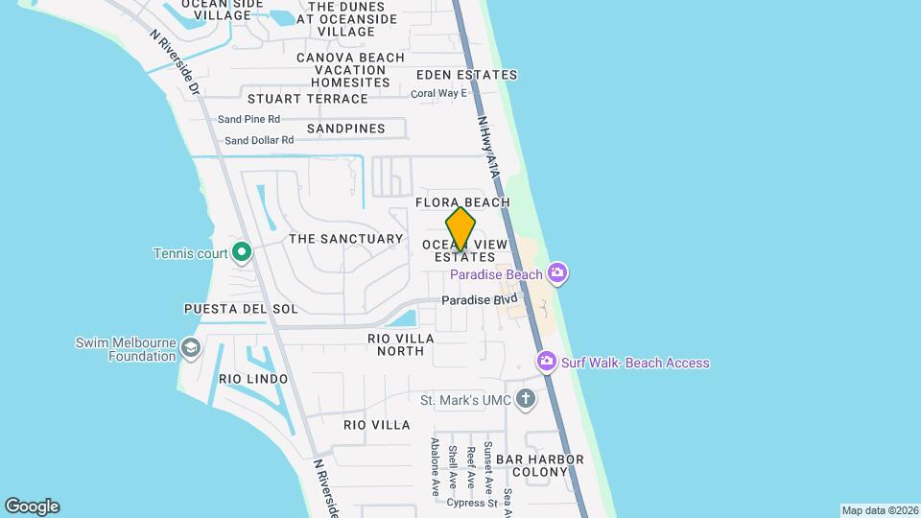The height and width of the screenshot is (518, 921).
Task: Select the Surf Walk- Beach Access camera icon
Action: point(547,363)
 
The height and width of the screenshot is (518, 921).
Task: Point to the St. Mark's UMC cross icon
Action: point(525,399)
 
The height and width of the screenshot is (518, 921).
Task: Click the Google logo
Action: point(32,506)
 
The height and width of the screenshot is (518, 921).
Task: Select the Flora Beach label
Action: point(462,202)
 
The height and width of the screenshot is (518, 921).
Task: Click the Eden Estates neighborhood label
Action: point(466,75)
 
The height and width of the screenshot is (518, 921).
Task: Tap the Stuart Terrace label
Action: point(307,99)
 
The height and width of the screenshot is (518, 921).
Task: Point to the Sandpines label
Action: point(345,129)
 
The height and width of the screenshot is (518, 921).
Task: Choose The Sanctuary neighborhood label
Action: point(345,239)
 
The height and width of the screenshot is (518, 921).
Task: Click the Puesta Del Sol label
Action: point(241,310)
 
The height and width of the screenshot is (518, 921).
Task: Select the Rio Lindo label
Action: point(253,379)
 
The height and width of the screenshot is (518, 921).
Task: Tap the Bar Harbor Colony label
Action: point(547,465)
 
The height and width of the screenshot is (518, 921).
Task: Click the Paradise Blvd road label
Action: point(480,300)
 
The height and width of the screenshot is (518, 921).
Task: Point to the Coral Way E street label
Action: point(438,93)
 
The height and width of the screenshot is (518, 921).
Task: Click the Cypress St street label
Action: point(471,503)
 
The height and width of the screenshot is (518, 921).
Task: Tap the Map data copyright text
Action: point(879,510)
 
